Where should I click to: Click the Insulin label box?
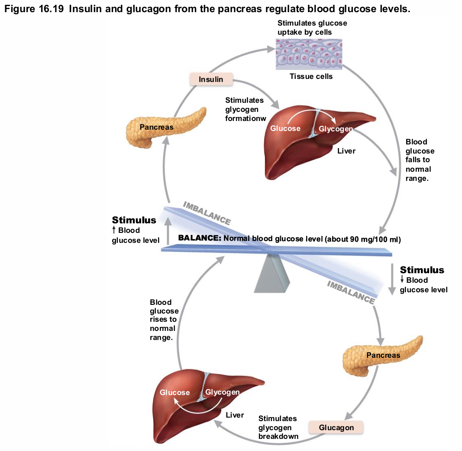(x=211, y=79)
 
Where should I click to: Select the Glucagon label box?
(x=336, y=428)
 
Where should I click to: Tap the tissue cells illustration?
(x=309, y=54)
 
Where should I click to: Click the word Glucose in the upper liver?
(x=285, y=128)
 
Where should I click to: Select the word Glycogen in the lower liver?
(x=222, y=392)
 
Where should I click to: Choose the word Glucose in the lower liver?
(x=175, y=392)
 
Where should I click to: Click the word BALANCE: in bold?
(x=200, y=239)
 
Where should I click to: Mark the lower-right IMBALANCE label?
(x=351, y=292)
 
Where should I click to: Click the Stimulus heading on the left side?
(x=134, y=220)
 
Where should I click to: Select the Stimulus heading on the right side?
(x=422, y=270)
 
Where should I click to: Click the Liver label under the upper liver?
(x=346, y=151)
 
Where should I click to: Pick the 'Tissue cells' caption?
(x=311, y=76)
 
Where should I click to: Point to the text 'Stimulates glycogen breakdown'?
(x=278, y=427)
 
